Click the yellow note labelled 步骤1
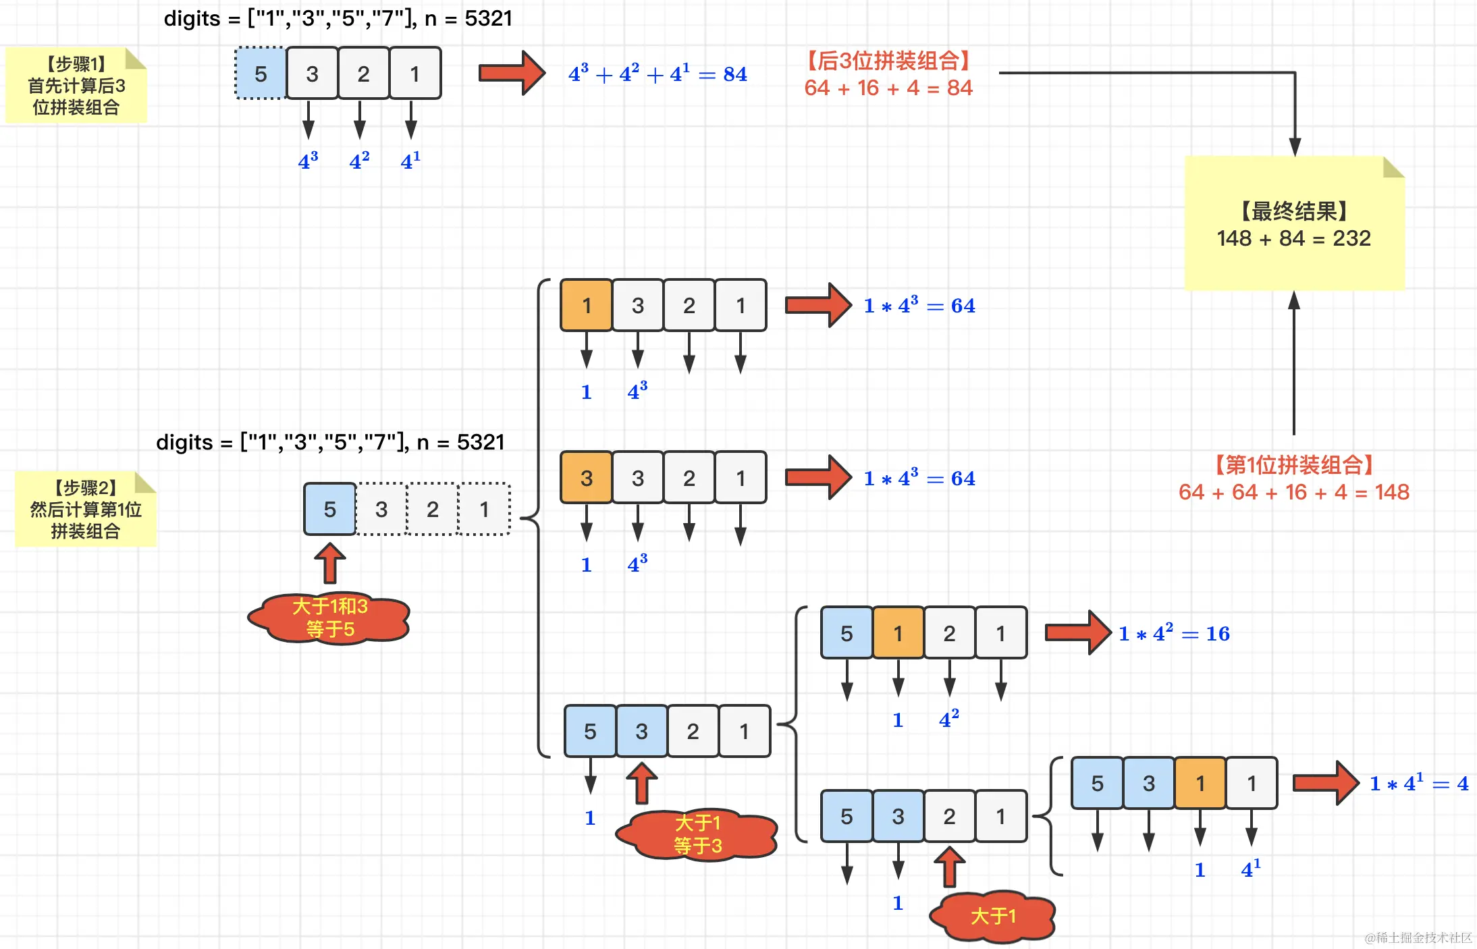[76, 86]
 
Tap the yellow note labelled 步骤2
[86, 509]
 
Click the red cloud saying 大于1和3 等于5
[329, 618]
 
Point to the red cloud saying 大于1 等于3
[697, 834]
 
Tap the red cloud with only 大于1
[992, 916]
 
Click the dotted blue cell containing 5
[261, 74]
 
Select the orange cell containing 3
[586, 478]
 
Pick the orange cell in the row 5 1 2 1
[898, 633]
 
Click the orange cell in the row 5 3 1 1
[1200, 783]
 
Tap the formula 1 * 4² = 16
[1174, 633]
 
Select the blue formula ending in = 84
[657, 74]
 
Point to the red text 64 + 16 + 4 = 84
[888, 88]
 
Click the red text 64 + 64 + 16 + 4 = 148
[1293, 492]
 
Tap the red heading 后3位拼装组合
[888, 61]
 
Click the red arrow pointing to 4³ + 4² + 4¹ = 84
[511, 73]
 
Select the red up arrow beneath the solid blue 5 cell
[329, 563]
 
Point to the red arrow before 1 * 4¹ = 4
[1325, 783]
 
